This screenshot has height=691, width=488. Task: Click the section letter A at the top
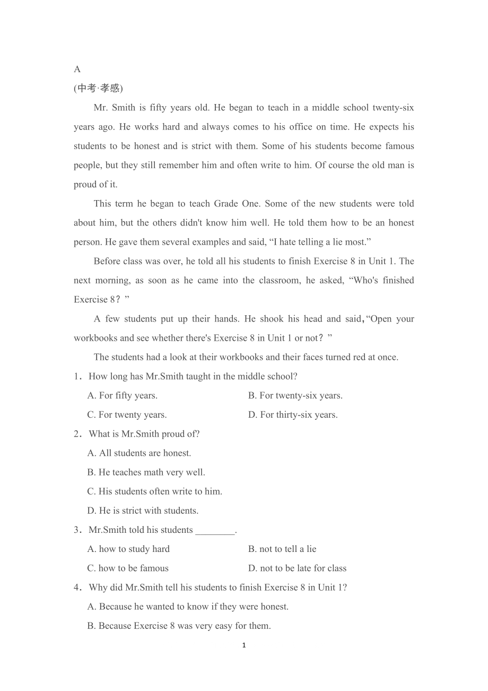tap(77, 69)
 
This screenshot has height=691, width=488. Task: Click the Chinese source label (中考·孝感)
tap(98, 88)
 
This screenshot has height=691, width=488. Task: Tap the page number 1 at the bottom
tap(244, 645)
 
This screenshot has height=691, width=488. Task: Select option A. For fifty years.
tap(123, 395)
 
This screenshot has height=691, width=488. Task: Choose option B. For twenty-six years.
tap(295, 395)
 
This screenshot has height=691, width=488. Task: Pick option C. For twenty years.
tap(127, 414)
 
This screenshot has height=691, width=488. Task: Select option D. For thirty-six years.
tap(293, 414)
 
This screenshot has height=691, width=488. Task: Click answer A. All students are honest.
tap(140, 453)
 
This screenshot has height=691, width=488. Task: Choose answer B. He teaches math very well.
tap(146, 472)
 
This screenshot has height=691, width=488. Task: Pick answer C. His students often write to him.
tap(155, 491)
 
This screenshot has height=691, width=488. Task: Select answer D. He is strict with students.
tap(143, 511)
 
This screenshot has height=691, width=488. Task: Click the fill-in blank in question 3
tap(215, 530)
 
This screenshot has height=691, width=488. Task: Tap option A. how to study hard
tap(129, 549)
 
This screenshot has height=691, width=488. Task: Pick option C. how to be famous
tap(128, 568)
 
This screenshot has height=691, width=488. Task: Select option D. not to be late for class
tap(298, 568)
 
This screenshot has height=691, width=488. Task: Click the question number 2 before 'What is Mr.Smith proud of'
tap(77, 434)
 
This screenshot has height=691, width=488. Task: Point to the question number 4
tap(77, 588)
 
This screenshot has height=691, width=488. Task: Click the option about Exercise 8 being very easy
tap(179, 626)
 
